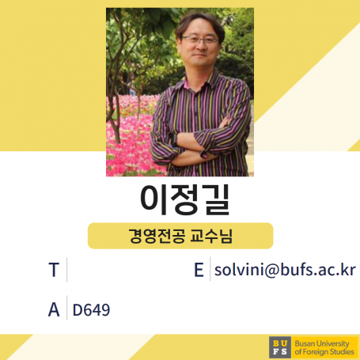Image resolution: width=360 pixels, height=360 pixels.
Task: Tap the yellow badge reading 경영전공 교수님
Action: pyautogui.click(x=180, y=235)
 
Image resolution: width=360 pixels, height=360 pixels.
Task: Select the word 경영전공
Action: pyautogui.click(x=155, y=235)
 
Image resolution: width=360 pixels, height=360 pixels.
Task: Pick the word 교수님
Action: pyautogui.click(x=210, y=235)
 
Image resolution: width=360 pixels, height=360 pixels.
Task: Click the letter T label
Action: pyautogui.click(x=53, y=271)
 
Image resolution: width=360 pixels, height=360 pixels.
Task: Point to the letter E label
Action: pyautogui.click(x=199, y=271)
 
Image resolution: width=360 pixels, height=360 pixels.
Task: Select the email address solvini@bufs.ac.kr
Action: pyautogui.click(x=285, y=271)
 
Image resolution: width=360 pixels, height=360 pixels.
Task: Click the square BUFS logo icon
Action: pyautogui.click(x=279, y=347)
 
